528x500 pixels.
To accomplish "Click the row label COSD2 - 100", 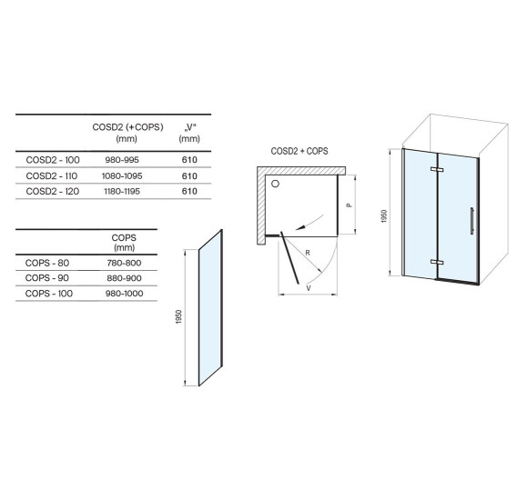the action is (x=53, y=160).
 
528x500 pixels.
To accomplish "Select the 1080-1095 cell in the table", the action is (x=122, y=175).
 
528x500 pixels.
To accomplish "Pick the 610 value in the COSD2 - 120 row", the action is (x=189, y=191).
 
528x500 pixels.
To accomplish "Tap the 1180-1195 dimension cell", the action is (x=122, y=191).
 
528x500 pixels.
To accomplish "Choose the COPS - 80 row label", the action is (x=47, y=263).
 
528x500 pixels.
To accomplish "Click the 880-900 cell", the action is (x=124, y=278).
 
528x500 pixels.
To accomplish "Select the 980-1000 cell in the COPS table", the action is (x=124, y=294).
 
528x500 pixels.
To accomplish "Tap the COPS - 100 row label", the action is (x=49, y=294).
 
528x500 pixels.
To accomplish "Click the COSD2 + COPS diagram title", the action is (x=300, y=151).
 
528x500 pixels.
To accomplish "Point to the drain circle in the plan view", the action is (x=276, y=184).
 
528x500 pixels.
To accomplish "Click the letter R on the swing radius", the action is (x=308, y=253).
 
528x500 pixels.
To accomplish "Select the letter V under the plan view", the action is (x=309, y=288).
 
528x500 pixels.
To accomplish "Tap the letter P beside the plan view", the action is (x=350, y=205).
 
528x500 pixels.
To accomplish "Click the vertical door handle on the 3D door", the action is (x=472, y=221).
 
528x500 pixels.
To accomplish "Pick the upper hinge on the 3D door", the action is (x=437, y=169).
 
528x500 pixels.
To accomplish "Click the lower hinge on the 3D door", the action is (x=437, y=263).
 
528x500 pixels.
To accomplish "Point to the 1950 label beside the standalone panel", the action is (x=178, y=316).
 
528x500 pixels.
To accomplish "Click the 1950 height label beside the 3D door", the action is (x=384, y=216).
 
